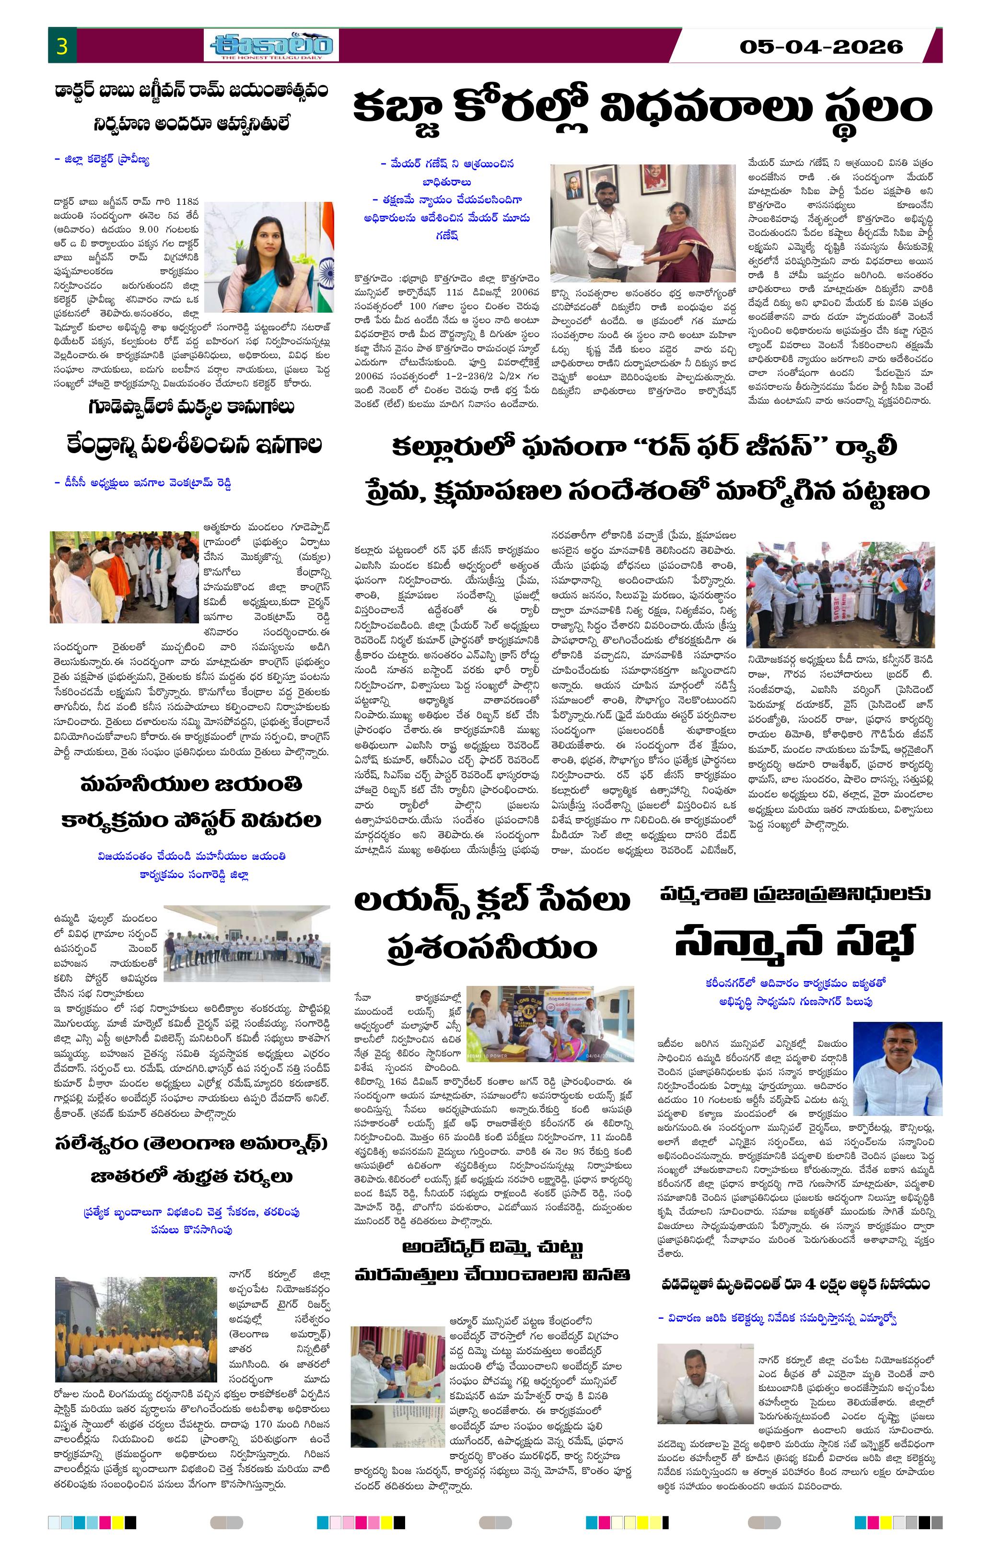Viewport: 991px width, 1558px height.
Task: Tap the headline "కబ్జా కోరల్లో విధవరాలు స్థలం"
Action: pos(642,109)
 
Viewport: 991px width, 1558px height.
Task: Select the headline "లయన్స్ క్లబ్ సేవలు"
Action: pos(491,902)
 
